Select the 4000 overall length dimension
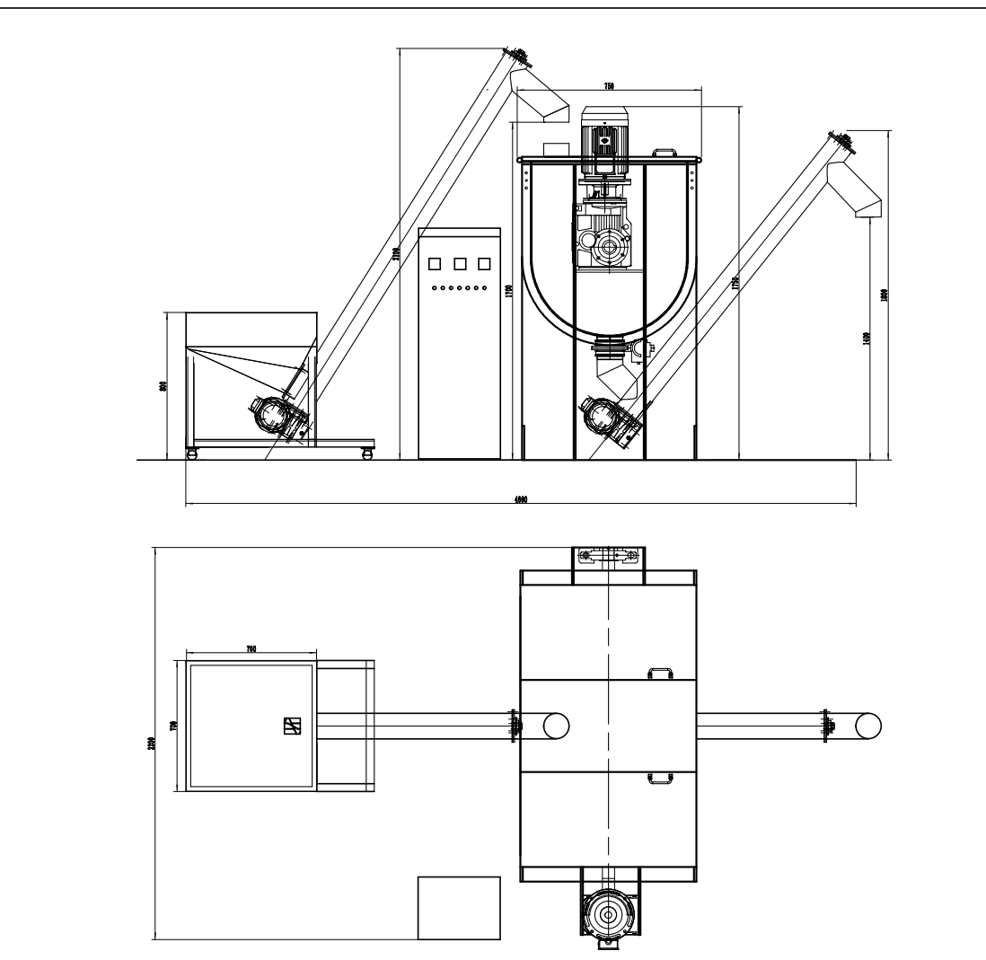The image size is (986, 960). (520, 500)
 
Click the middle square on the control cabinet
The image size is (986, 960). (460, 264)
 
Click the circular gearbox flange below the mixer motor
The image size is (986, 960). (609, 245)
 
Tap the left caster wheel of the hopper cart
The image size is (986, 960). (191, 455)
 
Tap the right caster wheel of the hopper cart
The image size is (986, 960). (366, 455)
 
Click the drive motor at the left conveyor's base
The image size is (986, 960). (273, 415)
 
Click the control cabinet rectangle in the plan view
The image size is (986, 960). (458, 907)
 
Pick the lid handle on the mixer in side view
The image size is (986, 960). (665, 154)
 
